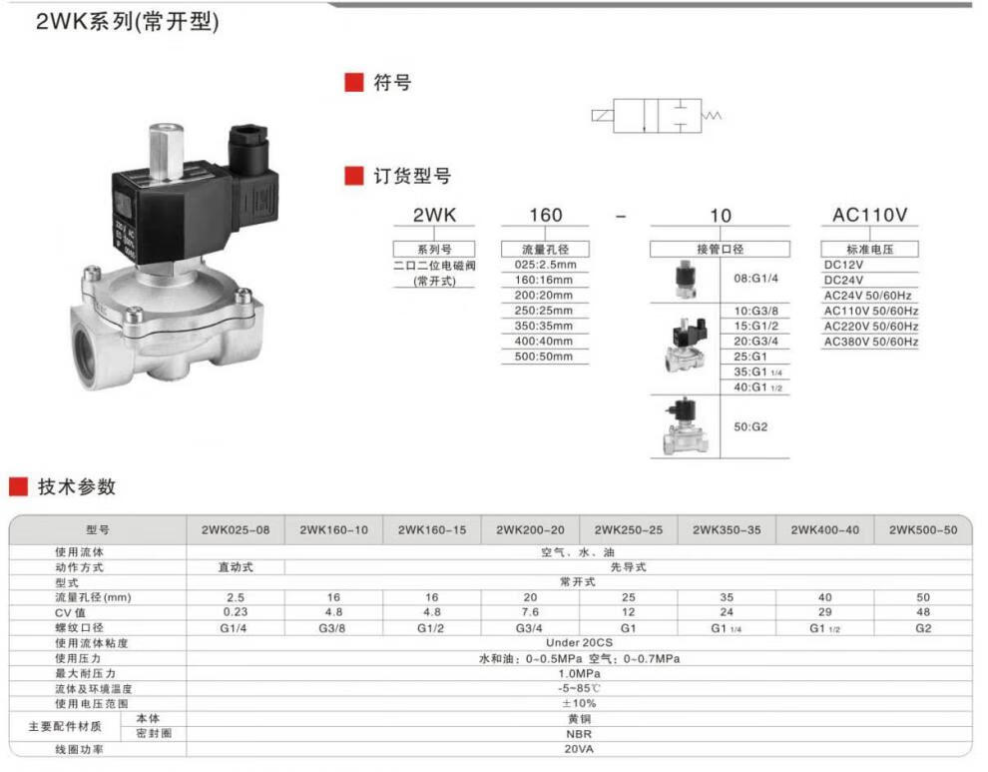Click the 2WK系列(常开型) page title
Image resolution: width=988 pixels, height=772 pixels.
coord(127,21)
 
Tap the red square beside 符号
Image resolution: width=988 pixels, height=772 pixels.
coord(354,82)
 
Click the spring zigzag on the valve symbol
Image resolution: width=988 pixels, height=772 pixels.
coord(712,116)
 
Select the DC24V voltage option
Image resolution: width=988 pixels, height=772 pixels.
coord(843,280)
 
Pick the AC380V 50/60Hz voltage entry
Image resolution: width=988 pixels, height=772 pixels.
coord(871,342)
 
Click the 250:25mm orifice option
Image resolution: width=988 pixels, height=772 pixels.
coord(543,311)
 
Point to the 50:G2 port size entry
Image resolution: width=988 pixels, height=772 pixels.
coord(750,427)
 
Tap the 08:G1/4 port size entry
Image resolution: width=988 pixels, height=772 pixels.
coord(755,279)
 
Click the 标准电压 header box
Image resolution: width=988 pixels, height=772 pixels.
coord(869,249)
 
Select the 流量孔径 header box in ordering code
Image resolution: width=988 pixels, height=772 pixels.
coord(545,249)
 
